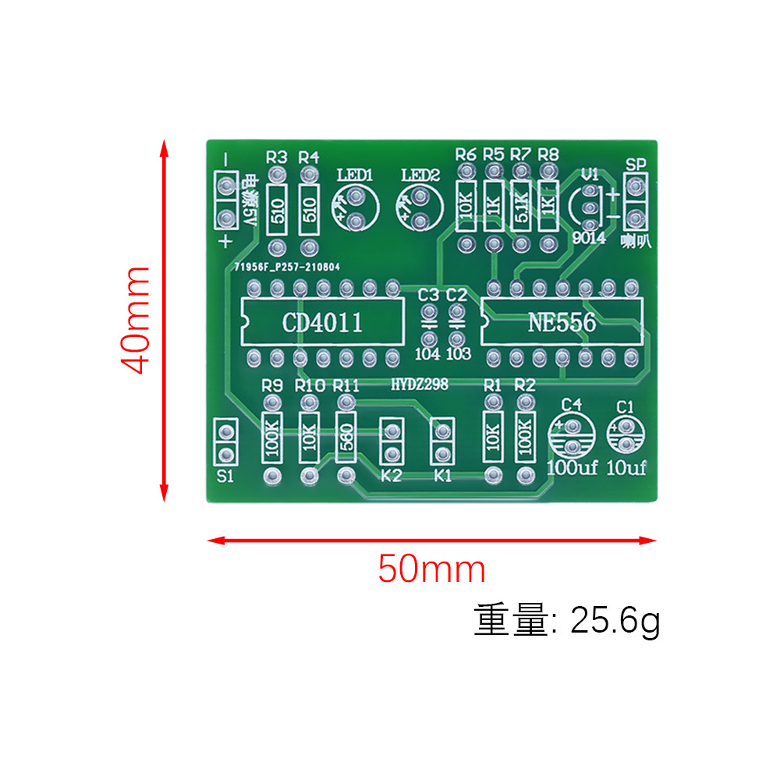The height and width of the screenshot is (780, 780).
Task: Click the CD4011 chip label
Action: [x=323, y=322]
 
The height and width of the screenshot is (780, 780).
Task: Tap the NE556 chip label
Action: [x=562, y=322]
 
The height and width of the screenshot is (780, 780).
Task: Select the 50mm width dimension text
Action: [x=431, y=569]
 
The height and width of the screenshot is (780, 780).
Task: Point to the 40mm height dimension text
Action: [x=137, y=320]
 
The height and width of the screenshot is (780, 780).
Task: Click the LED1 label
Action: [x=355, y=175]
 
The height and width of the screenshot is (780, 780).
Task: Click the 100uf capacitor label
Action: [x=572, y=468]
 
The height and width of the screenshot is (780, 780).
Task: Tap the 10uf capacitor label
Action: [x=626, y=468]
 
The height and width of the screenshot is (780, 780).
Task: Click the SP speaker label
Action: [x=636, y=165]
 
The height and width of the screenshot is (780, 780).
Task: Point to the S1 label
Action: [x=225, y=477]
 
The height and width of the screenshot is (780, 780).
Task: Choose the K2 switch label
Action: [x=392, y=477]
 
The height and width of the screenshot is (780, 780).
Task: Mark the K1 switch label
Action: [x=442, y=477]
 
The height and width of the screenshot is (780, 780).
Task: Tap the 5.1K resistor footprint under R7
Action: [x=521, y=207]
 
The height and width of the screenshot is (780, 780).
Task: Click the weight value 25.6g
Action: [x=615, y=622]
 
